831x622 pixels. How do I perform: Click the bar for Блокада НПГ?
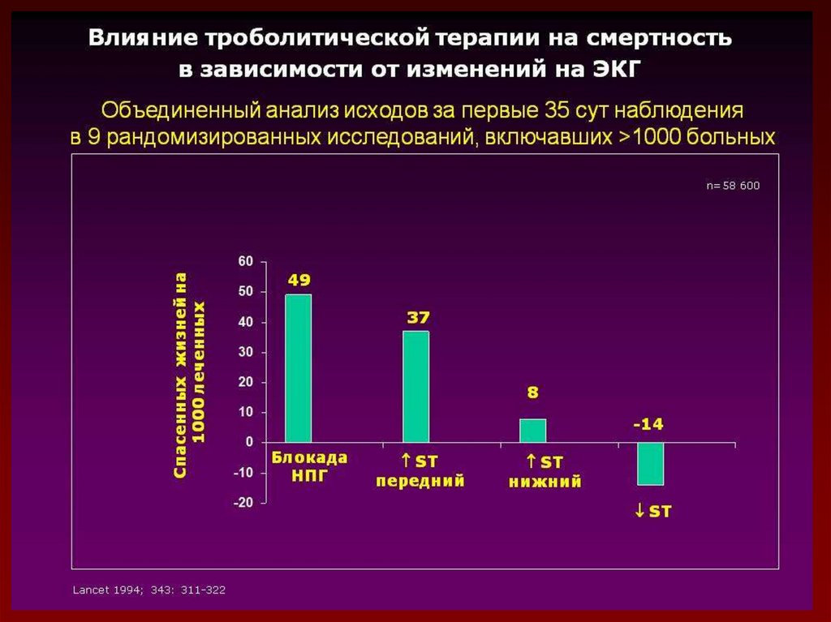tap(298, 368)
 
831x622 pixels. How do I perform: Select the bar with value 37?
tap(416, 386)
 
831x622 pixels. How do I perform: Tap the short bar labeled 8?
tap(533, 431)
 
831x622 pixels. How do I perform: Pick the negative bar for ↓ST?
tap(650, 463)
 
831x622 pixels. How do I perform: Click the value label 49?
tap(299, 281)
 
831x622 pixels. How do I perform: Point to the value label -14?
tap(649, 424)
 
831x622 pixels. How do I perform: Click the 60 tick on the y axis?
tap(245, 261)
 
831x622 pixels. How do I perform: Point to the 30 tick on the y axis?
tap(245, 352)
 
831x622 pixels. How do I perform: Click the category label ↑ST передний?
tap(420, 471)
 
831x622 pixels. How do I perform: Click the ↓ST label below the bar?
tap(652, 512)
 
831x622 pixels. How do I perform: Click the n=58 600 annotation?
tap(732, 186)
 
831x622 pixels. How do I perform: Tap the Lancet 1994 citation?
tap(149, 590)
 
